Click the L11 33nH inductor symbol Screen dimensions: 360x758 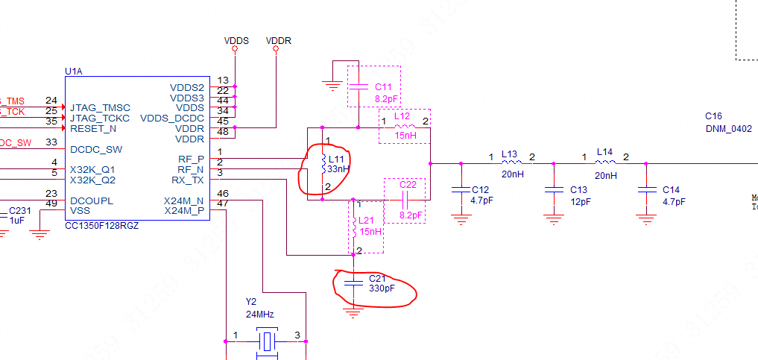point(322,164)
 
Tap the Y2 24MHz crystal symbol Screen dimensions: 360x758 point(267,341)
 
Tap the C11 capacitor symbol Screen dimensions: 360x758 point(359,87)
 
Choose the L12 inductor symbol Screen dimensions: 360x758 point(405,127)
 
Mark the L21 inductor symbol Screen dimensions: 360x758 point(354,226)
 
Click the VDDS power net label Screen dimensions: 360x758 point(236,40)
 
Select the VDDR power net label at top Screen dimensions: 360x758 point(278,40)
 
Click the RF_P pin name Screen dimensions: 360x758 point(192,159)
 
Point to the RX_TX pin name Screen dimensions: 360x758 point(188,180)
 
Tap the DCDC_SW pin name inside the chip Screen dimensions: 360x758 point(95,149)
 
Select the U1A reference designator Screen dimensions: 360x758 point(74,72)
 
